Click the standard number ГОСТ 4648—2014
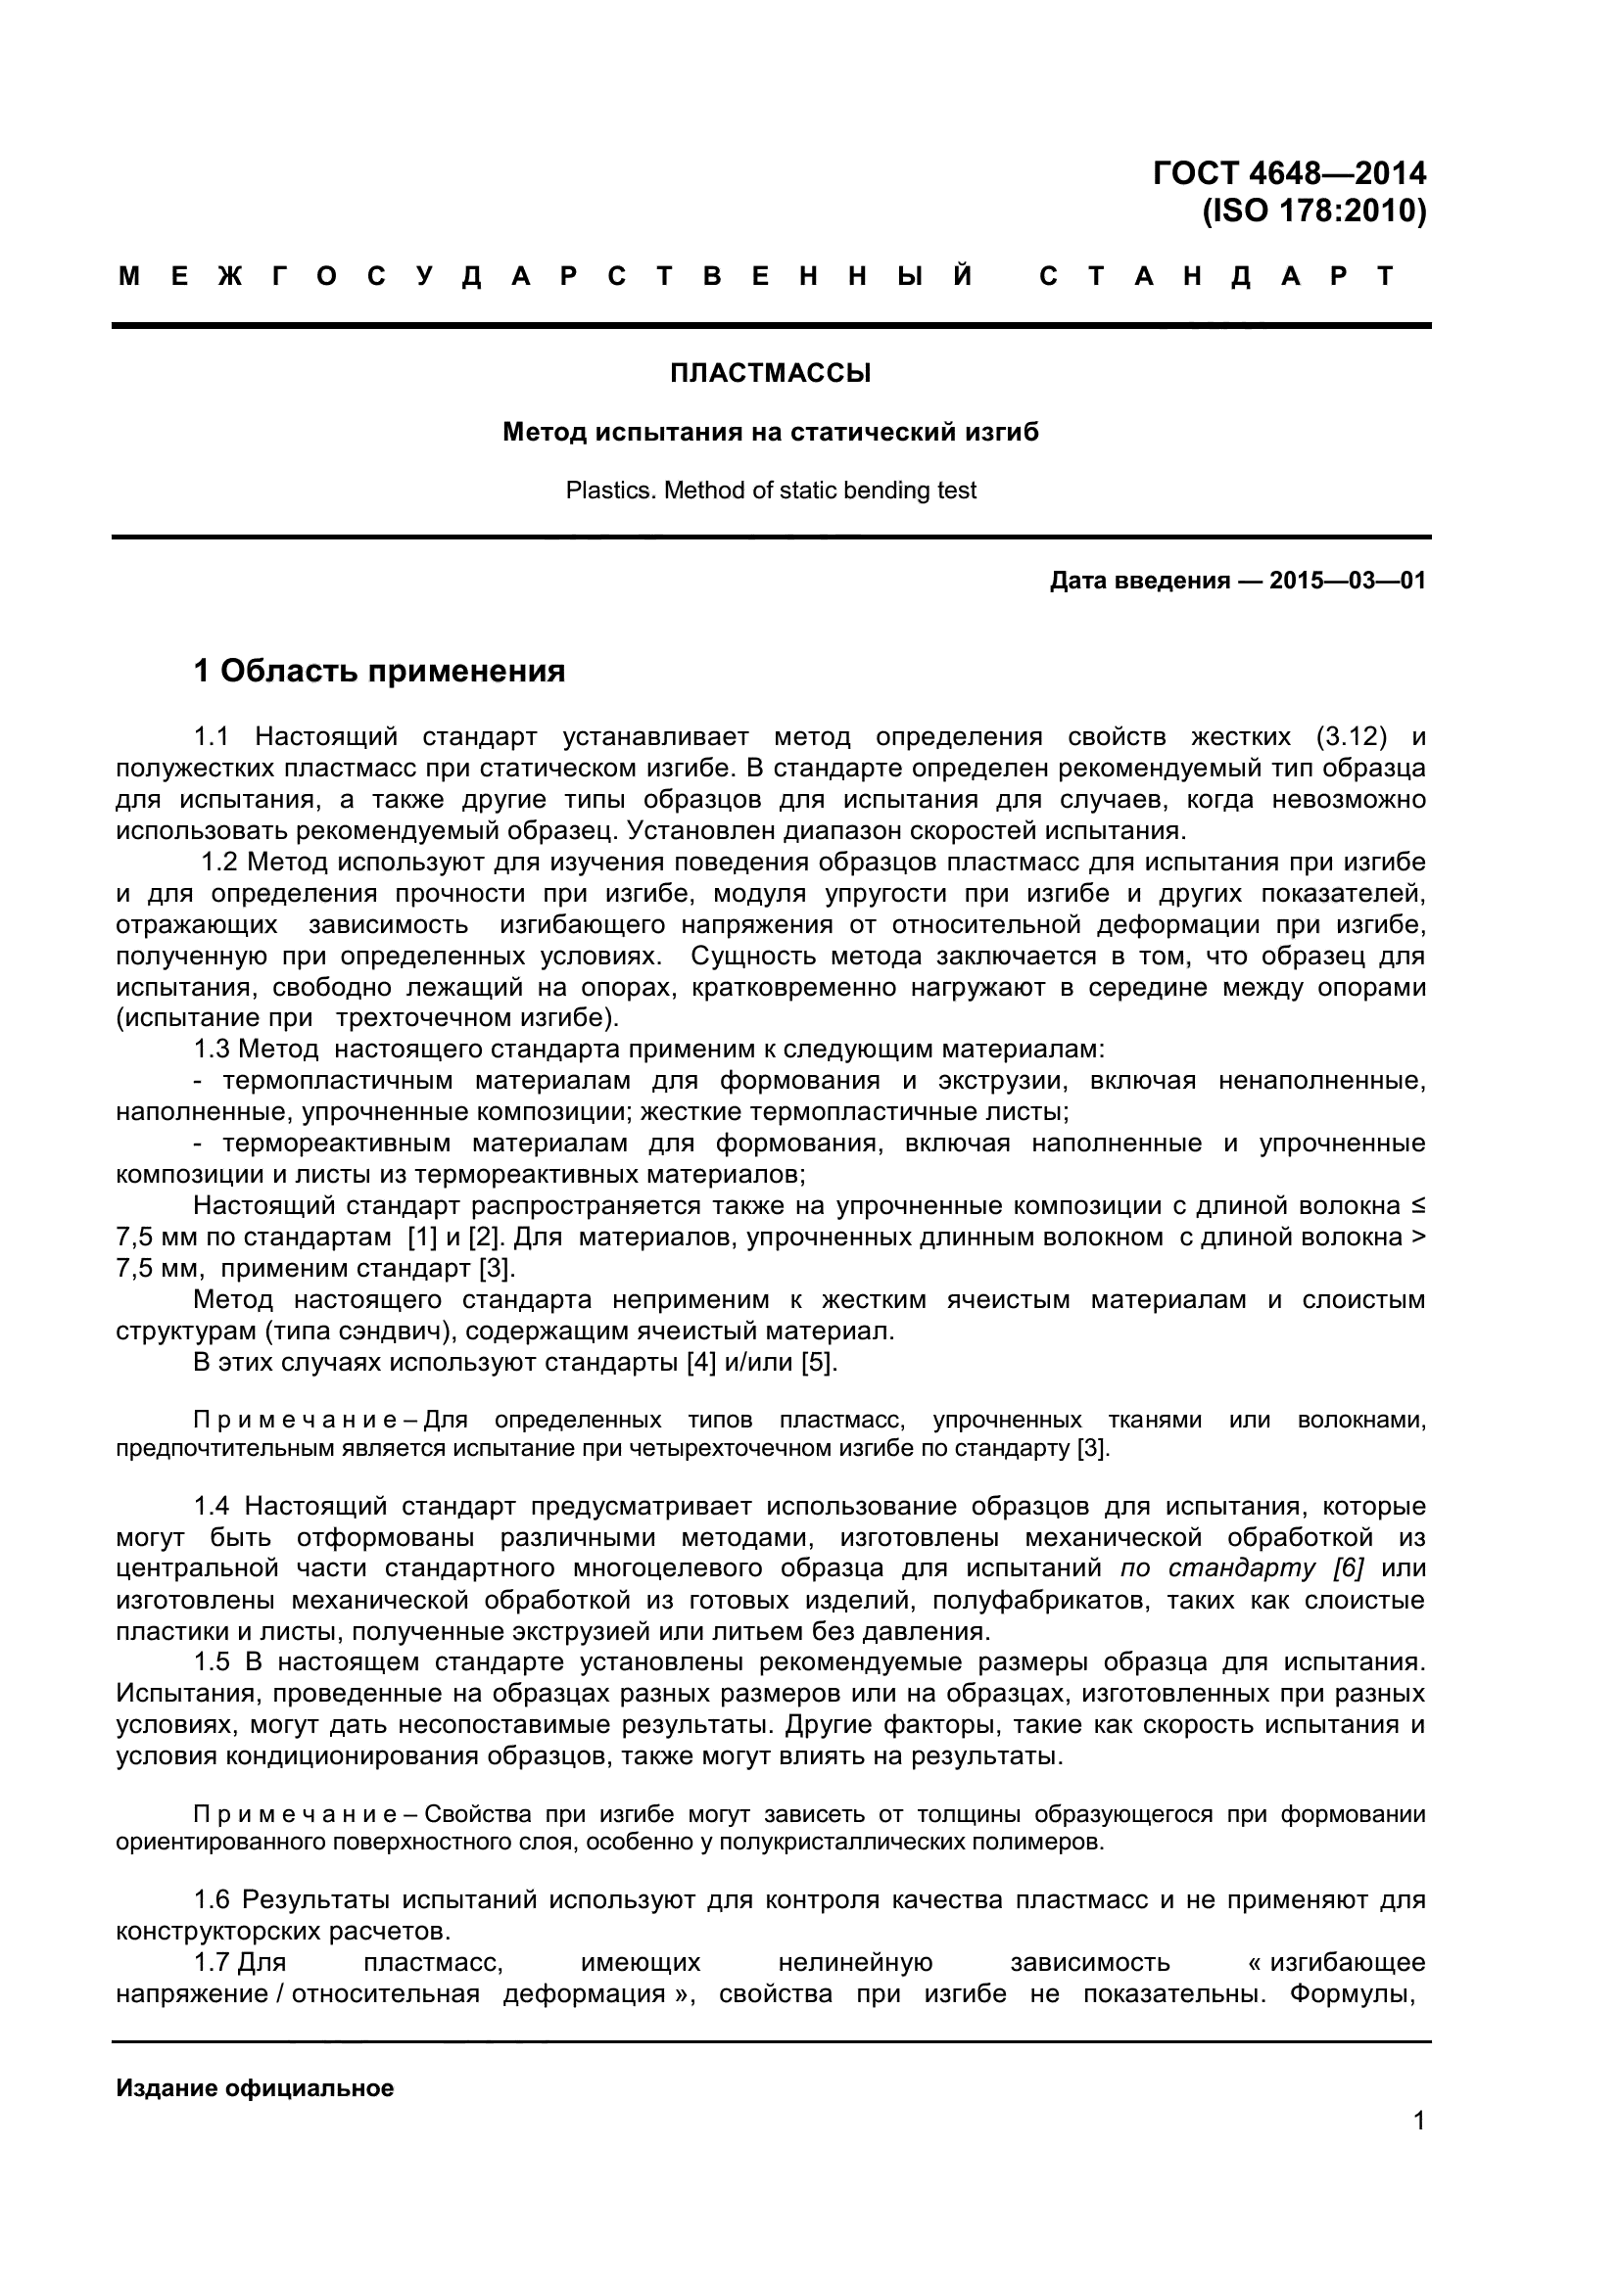coord(1289,173)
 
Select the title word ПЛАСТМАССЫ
coord(770,373)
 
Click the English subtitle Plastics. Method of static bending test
coord(770,491)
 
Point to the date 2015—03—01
coord(1347,581)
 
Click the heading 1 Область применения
coord(379,672)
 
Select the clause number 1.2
coord(219,862)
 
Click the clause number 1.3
coord(212,1050)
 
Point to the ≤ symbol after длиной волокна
coord(1418,1206)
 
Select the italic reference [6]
coord(1348,1567)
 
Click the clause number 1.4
coord(212,1506)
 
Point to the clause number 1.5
coord(212,1661)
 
